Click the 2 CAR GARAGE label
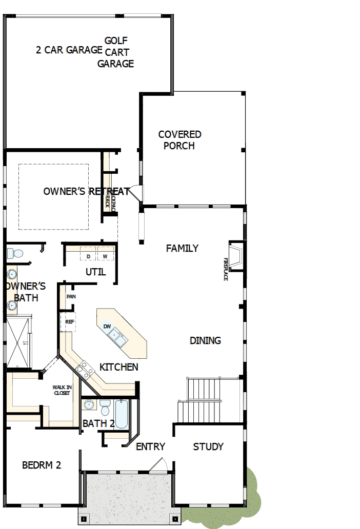(69, 50)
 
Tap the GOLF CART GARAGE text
(116, 52)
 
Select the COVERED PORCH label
(179, 140)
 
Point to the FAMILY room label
(182, 249)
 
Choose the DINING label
(205, 340)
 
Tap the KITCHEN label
(118, 367)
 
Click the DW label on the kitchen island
(107, 327)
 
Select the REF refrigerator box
(70, 322)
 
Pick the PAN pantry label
(71, 296)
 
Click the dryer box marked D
(88, 256)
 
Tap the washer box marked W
(105, 256)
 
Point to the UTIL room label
(95, 272)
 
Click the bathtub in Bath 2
(122, 414)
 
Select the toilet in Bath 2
(105, 408)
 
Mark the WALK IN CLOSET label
(62, 390)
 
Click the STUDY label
(208, 446)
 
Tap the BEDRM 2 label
(42, 465)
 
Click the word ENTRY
(150, 447)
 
